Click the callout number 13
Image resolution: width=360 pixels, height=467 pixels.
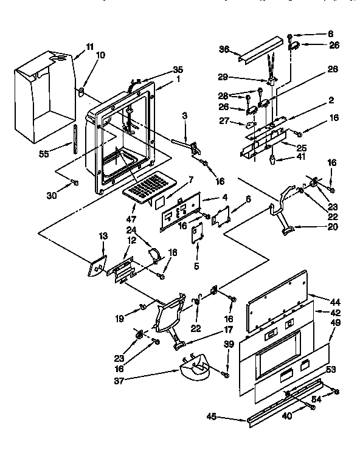(x=103, y=236)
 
